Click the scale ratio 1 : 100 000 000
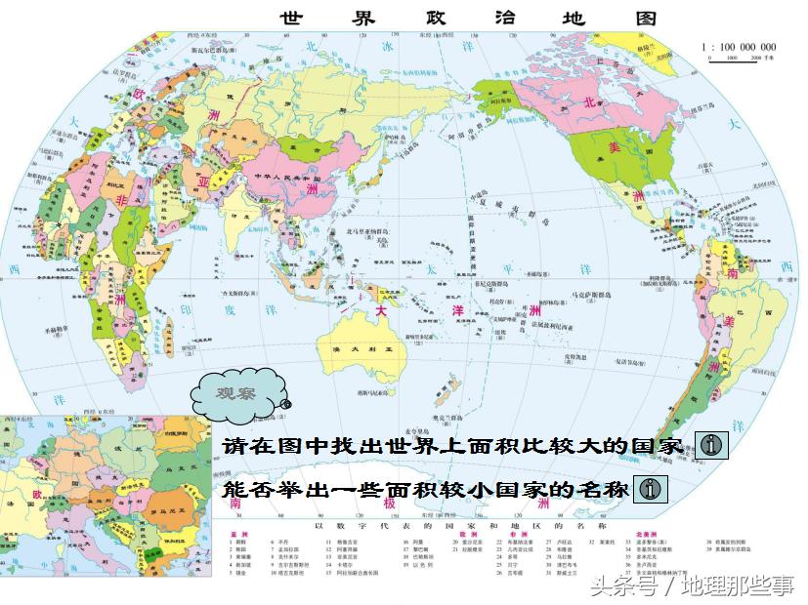[739, 46]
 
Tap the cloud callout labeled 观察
[236, 392]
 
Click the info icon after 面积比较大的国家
[713, 445]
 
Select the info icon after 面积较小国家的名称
[651, 488]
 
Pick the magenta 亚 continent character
[203, 182]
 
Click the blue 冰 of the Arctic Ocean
[387, 45]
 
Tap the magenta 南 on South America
[731, 274]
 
